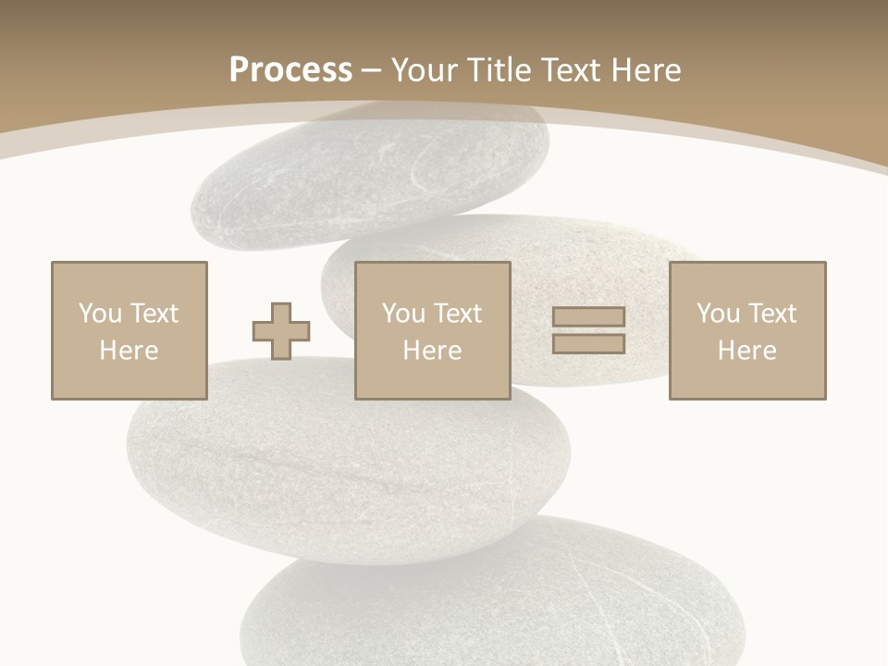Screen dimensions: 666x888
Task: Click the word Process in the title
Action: click(x=290, y=70)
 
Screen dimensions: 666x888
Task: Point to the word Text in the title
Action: click(x=572, y=70)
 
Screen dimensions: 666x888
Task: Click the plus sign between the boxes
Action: click(x=281, y=331)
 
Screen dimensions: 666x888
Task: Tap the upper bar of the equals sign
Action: click(x=588, y=317)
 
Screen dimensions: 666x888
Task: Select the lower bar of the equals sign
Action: click(x=588, y=344)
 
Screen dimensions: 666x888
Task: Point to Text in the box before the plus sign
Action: click(x=153, y=314)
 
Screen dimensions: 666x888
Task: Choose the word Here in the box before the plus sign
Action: click(x=129, y=351)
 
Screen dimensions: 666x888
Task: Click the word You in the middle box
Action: click(x=403, y=314)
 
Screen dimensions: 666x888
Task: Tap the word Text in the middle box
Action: click(x=457, y=314)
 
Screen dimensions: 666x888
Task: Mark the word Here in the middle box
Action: click(x=432, y=351)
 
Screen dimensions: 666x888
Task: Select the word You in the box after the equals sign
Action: click(x=718, y=314)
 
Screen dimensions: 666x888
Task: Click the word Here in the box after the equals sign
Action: click(x=746, y=351)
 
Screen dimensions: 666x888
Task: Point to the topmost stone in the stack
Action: click(x=370, y=176)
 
